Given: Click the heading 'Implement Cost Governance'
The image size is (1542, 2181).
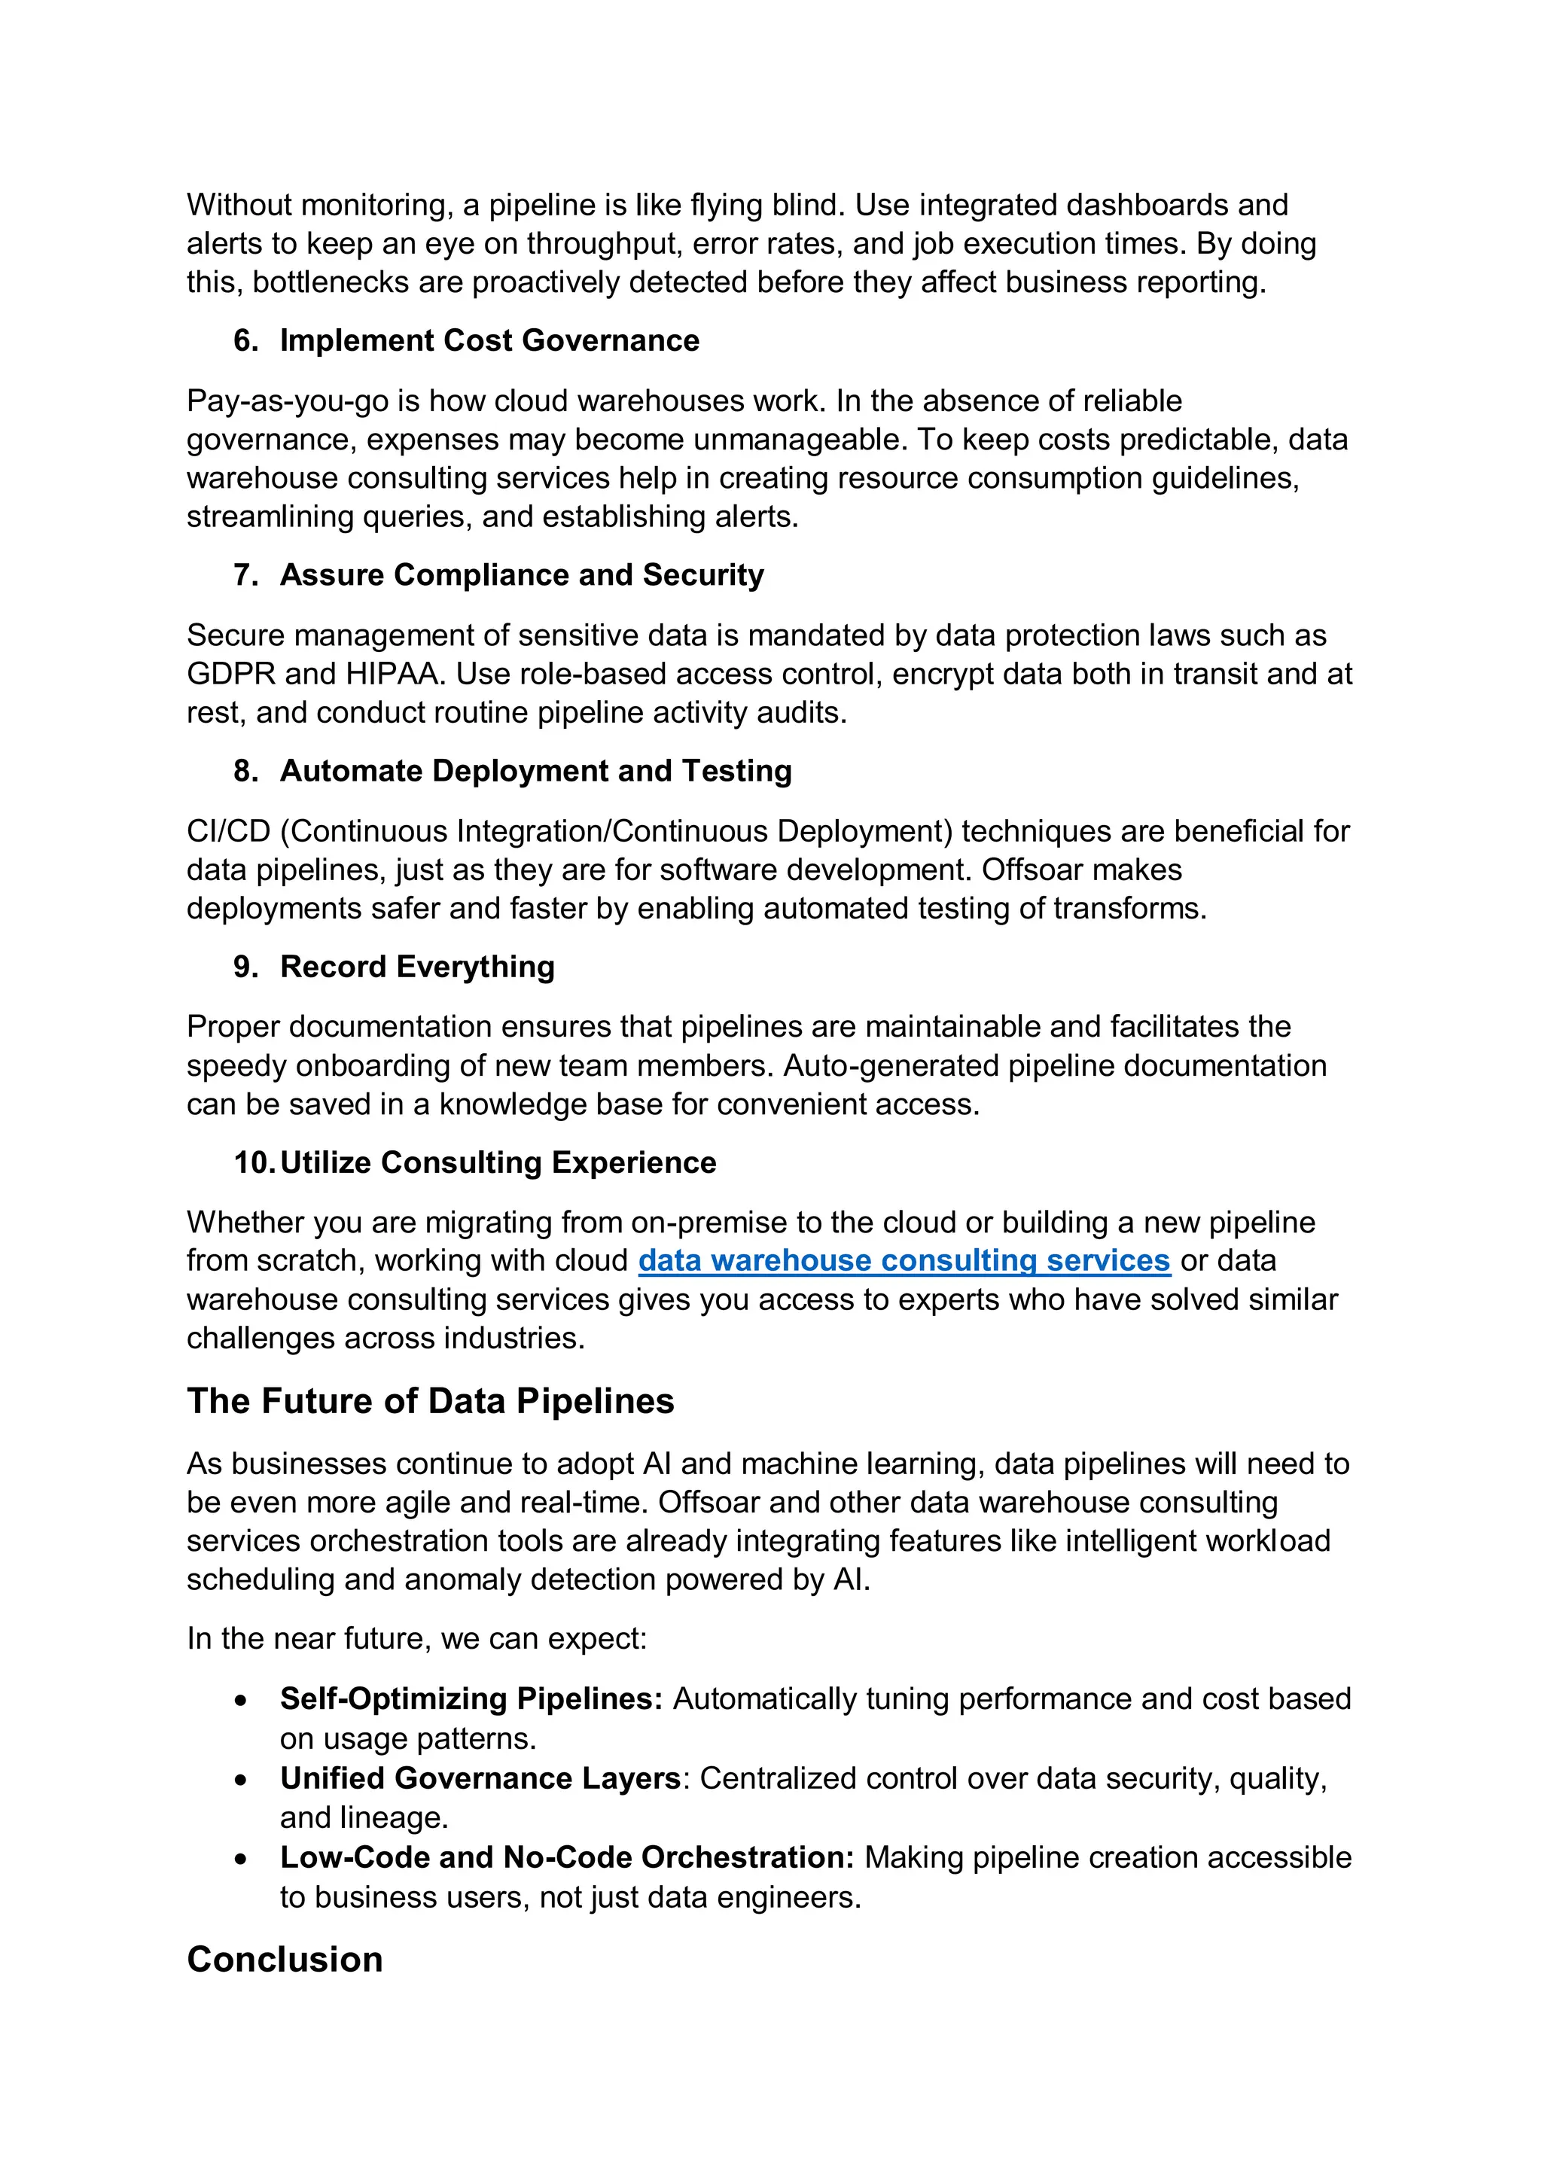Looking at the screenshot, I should click(489, 340).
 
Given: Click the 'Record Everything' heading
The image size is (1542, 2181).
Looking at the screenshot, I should click(417, 966).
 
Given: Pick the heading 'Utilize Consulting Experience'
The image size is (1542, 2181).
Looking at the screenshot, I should click(498, 1162).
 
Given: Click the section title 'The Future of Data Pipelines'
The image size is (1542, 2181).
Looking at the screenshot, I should click(431, 1401).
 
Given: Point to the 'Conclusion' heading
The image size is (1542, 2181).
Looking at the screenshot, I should click(285, 1960).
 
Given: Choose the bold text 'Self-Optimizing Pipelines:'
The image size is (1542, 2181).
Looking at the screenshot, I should click(471, 1699).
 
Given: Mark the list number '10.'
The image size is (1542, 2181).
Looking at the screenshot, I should click(254, 1162).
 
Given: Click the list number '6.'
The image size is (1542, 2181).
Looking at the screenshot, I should click(246, 340).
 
